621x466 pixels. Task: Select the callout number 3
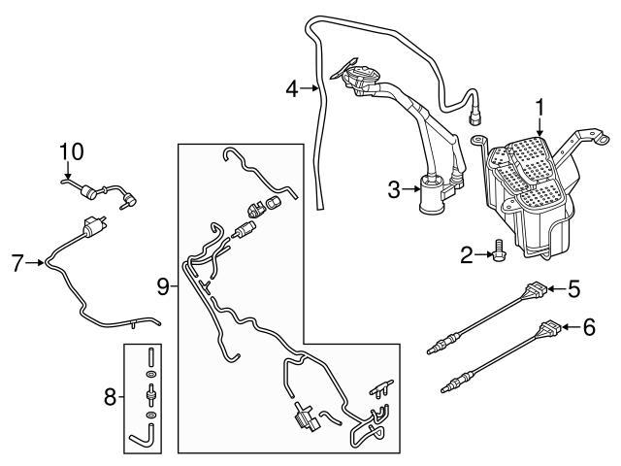coord(394,190)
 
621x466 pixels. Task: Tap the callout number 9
coord(163,284)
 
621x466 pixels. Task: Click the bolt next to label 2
coord(497,250)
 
